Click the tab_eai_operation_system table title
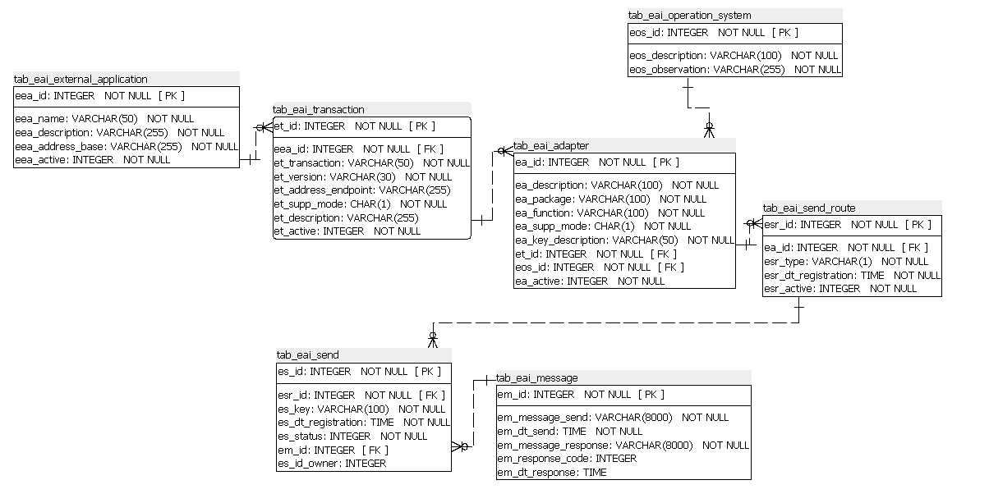point(689,15)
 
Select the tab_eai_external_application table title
point(80,79)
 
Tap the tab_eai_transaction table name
point(318,109)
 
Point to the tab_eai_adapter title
point(551,145)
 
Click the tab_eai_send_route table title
point(809,208)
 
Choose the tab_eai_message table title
point(536,377)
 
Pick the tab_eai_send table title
point(307,354)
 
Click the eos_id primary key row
point(713,33)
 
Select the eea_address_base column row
point(126,146)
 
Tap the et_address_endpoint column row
point(361,190)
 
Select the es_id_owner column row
point(332,463)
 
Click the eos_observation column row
point(735,70)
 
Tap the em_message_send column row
point(613,417)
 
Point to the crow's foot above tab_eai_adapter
point(709,129)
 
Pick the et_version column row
point(362,176)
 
